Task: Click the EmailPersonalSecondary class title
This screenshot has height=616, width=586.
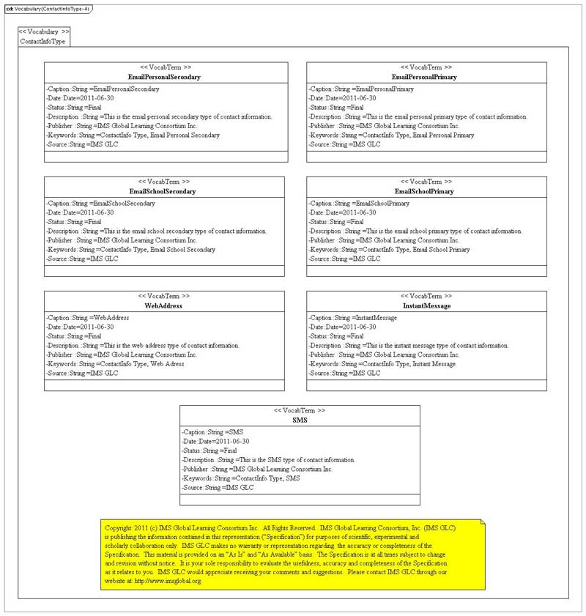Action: click(x=164, y=77)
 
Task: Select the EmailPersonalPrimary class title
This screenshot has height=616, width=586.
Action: click(x=424, y=77)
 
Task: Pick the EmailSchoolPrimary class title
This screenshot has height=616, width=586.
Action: click(x=424, y=192)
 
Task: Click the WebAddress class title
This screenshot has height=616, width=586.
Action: click(x=163, y=305)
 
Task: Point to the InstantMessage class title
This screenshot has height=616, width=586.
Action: click(x=426, y=305)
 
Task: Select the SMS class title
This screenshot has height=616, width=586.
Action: click(x=300, y=420)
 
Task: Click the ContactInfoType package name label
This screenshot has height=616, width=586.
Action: click(x=42, y=42)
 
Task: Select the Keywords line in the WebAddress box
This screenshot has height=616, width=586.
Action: click(x=114, y=364)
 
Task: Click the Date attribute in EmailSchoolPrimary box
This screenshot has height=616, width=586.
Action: click(x=342, y=212)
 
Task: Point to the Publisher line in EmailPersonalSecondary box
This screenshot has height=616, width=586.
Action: click(x=121, y=126)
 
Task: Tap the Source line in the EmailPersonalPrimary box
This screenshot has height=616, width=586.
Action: click(x=344, y=144)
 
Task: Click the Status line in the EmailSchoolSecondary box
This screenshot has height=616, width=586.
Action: click(x=73, y=222)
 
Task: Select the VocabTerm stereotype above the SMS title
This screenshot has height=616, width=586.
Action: click(x=300, y=411)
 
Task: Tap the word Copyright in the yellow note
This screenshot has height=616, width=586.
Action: click(x=119, y=527)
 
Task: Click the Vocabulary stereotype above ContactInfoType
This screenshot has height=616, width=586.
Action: click(x=45, y=32)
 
